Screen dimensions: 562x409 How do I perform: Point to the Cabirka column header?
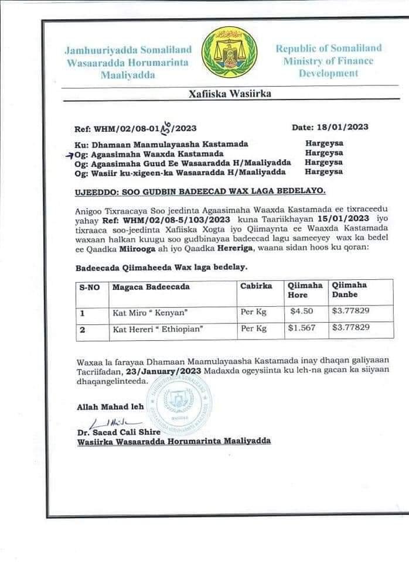(256, 286)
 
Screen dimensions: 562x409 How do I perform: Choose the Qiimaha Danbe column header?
(350, 290)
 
